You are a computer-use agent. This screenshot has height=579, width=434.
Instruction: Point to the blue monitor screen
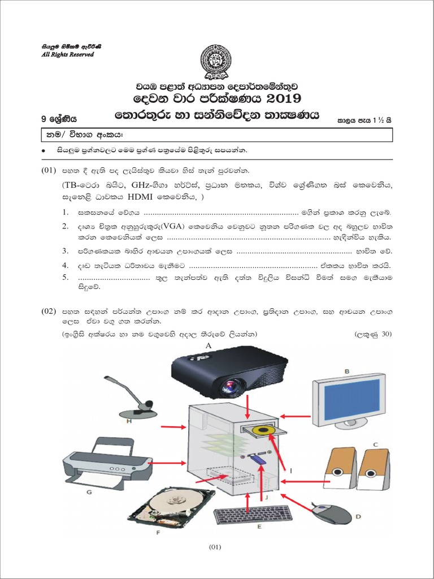[350, 399]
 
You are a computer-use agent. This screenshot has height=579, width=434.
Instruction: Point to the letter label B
[348, 371]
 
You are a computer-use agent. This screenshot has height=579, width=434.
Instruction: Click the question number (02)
[49, 312]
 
